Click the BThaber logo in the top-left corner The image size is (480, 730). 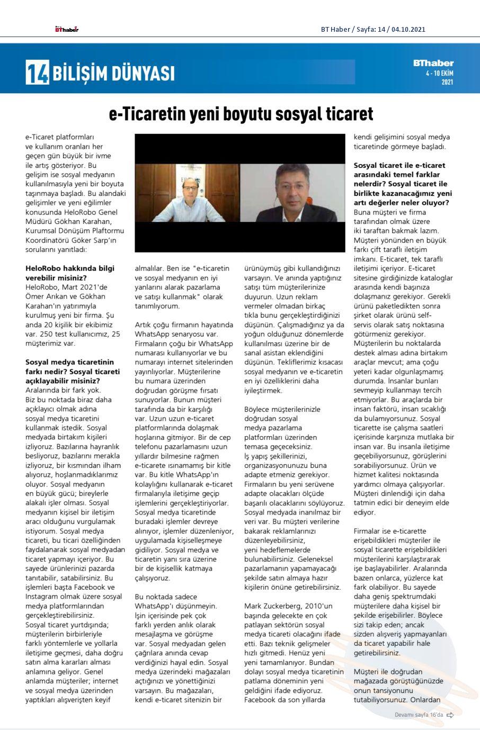(67, 29)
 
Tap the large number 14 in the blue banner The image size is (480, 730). (38, 72)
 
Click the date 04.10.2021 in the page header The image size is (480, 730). (409, 30)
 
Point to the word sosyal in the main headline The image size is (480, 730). (296, 114)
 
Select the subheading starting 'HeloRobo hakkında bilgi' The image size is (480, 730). (70, 273)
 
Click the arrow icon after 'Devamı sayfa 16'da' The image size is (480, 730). (450, 715)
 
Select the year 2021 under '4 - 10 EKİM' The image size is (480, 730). (447, 82)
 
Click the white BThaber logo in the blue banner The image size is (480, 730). (433, 63)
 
